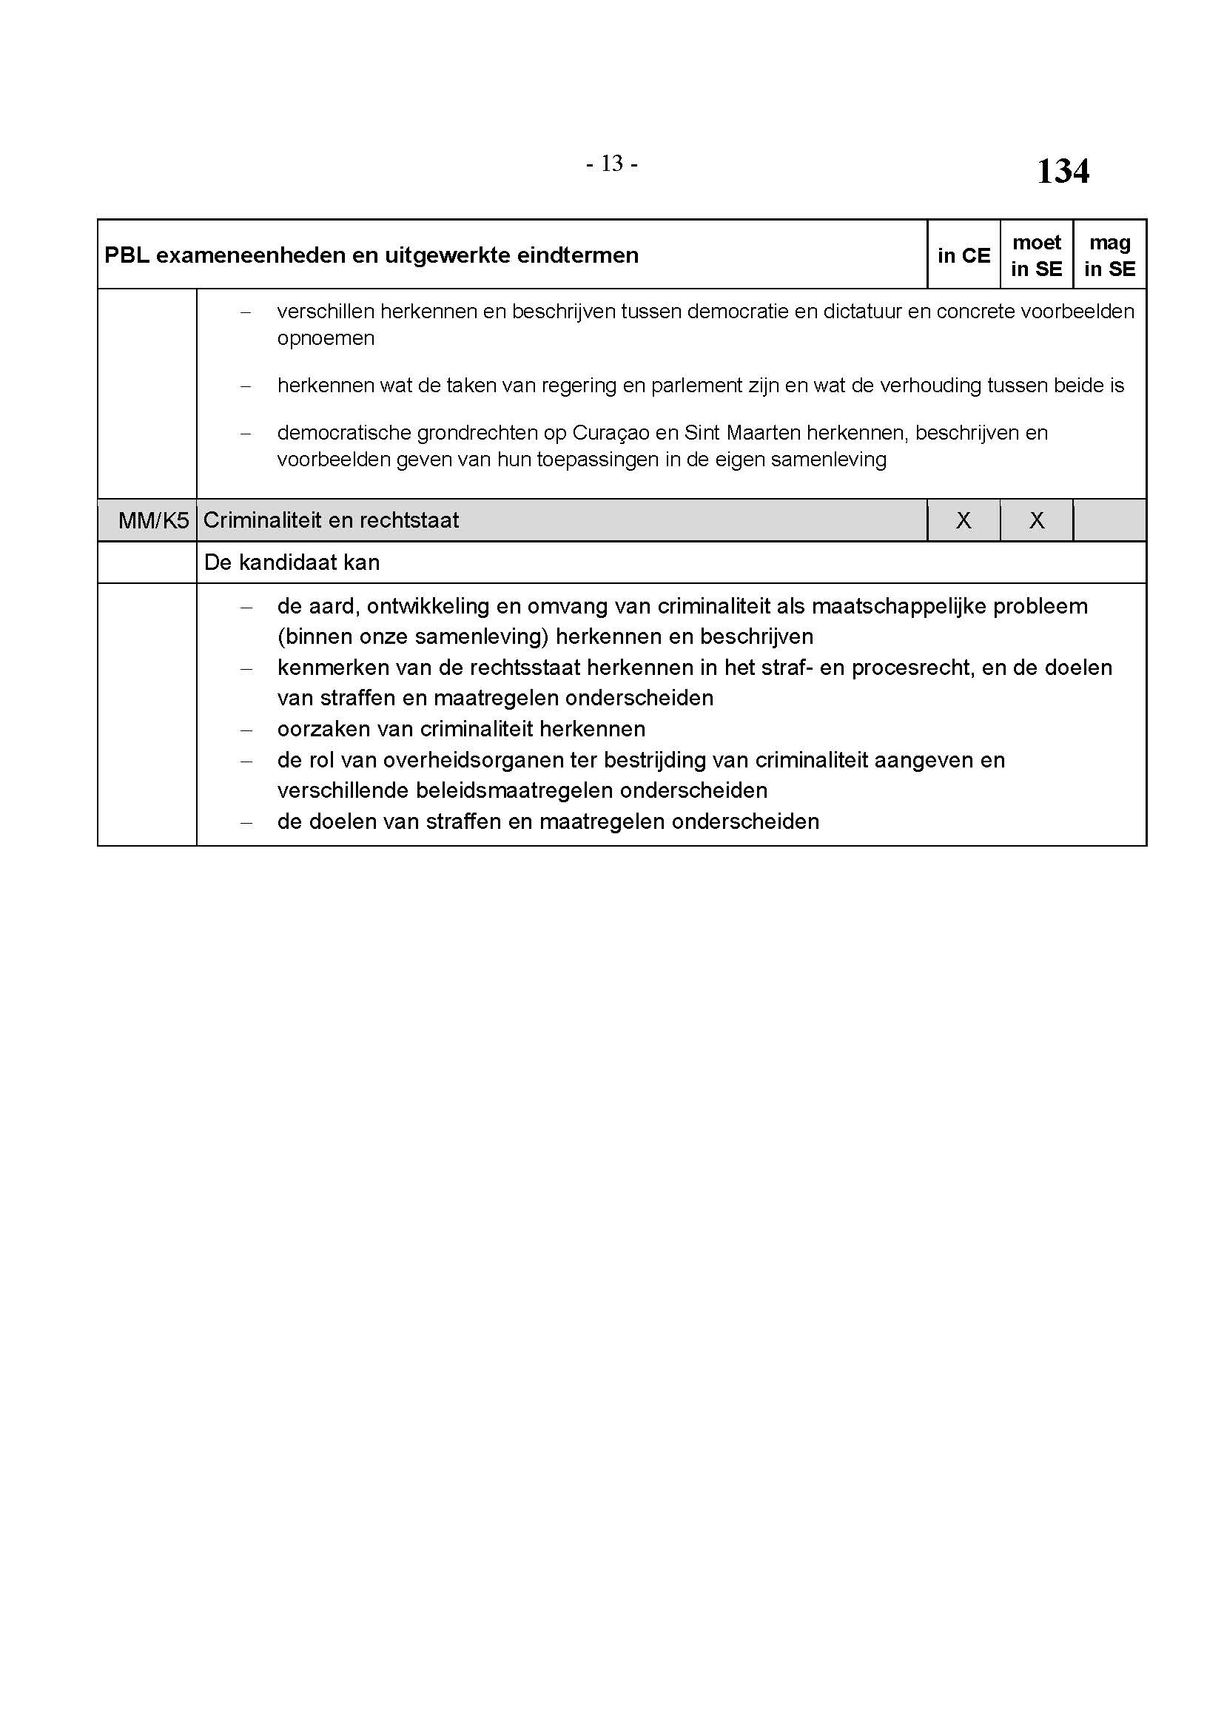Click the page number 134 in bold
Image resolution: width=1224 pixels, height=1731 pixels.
pos(1062,171)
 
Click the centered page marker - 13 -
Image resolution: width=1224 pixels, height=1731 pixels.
pos(611,163)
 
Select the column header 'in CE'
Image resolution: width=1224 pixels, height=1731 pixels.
pos(964,255)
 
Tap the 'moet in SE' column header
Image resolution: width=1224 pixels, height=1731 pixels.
pos(1036,255)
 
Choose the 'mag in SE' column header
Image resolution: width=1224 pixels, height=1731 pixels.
pos(1109,255)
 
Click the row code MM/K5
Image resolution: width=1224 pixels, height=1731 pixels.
pos(153,520)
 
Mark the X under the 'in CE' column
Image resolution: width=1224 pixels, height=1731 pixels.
pos(964,520)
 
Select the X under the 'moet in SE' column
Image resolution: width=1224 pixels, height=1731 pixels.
pos(1036,520)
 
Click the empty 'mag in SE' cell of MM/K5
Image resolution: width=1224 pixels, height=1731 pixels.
pos(1109,520)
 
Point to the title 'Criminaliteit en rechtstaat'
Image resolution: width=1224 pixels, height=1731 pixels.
pos(331,520)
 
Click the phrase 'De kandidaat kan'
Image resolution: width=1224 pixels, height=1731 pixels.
pos(292,562)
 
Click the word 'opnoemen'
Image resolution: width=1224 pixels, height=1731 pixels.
pos(326,338)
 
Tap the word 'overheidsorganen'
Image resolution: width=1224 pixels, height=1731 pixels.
pos(468,760)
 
